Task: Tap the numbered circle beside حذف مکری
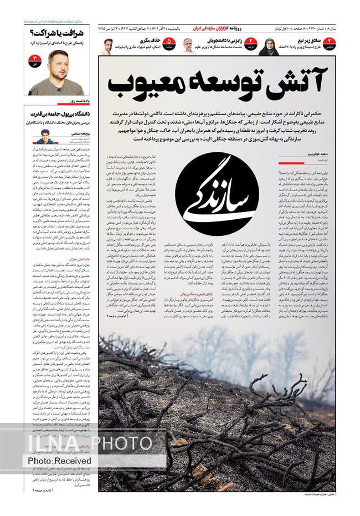click(x=169, y=43)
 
